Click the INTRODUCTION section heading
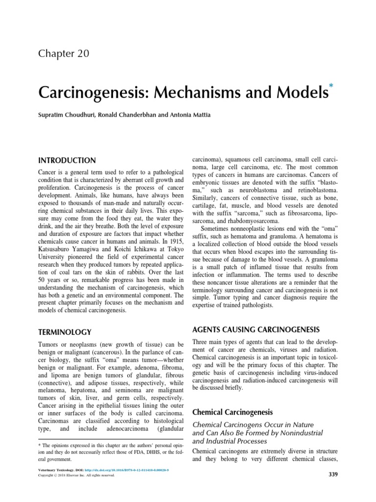point(67,160)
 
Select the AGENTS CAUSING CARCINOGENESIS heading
point(256,329)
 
